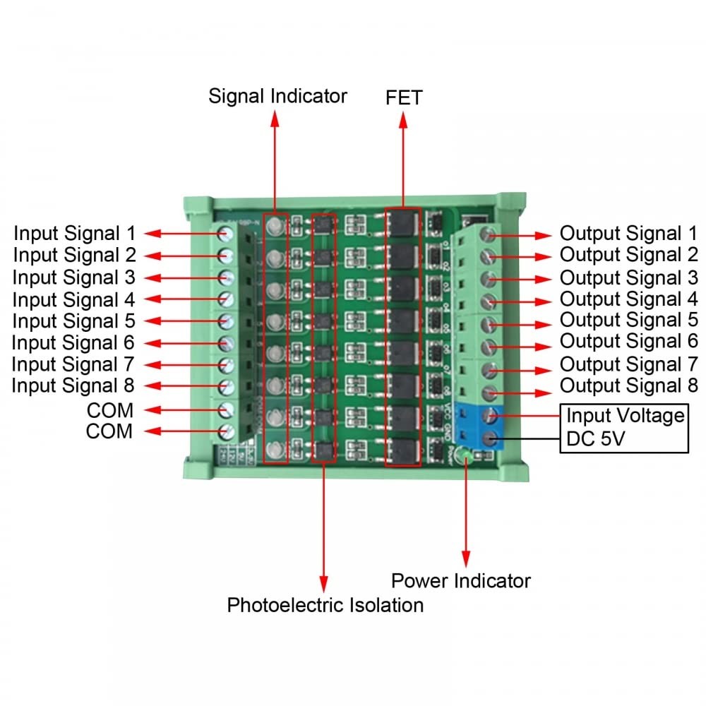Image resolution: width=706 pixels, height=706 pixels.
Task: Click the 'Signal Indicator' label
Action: pos(277,96)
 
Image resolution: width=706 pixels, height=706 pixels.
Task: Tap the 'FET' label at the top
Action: pos(404,97)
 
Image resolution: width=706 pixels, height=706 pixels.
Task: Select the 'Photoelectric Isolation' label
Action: pos(325,605)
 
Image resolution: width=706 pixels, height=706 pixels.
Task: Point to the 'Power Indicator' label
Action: pos(461,581)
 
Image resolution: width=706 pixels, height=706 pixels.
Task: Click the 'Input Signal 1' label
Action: pos(74,233)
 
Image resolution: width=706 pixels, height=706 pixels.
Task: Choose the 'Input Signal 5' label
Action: pos(73,321)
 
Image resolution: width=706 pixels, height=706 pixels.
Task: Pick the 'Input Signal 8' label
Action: pos(73,386)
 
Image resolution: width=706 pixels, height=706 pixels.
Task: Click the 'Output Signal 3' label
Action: pos(628,277)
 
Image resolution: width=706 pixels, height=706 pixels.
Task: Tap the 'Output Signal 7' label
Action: pos(628,365)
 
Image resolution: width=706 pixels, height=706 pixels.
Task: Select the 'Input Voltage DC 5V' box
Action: pos(624,428)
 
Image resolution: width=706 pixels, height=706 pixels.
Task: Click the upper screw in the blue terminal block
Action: pos(488,417)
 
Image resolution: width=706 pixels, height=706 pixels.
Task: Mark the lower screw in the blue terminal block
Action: pos(488,439)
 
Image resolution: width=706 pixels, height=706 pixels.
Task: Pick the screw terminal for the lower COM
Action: pos(227,431)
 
